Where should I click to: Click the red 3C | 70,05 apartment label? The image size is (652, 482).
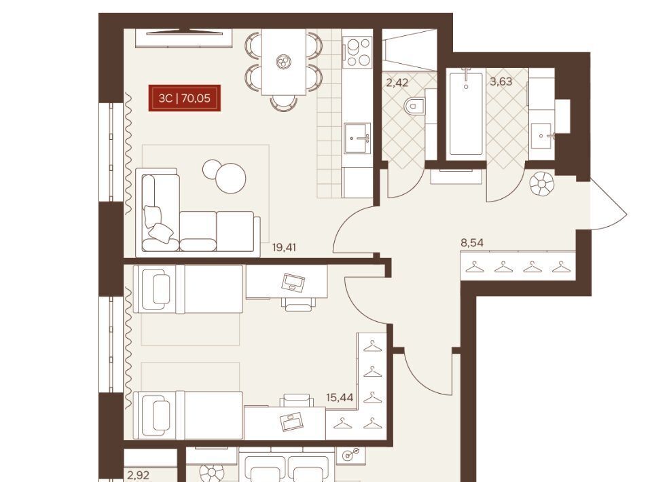pos(185,98)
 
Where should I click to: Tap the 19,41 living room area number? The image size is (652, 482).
pos(284,248)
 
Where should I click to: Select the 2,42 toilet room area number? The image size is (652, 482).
pos(397,82)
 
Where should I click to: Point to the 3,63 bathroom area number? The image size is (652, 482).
pos(501,81)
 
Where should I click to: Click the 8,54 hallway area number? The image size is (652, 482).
pos(473,242)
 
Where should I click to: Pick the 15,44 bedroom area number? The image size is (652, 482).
pos(340,398)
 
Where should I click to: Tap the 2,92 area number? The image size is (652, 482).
pos(139,475)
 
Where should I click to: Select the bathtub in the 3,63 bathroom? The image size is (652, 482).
pos(466,112)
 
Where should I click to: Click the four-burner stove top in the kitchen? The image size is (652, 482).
pos(357,52)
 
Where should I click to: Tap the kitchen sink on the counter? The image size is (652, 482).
pos(357,138)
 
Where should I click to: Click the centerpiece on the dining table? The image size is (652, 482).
pos(284,62)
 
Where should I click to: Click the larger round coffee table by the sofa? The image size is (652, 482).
pos(230,179)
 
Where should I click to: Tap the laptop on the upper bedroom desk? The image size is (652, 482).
pos(293,282)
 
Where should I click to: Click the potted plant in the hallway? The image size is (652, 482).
pos(542,183)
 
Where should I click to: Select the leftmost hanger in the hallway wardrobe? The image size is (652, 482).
pos(475,267)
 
